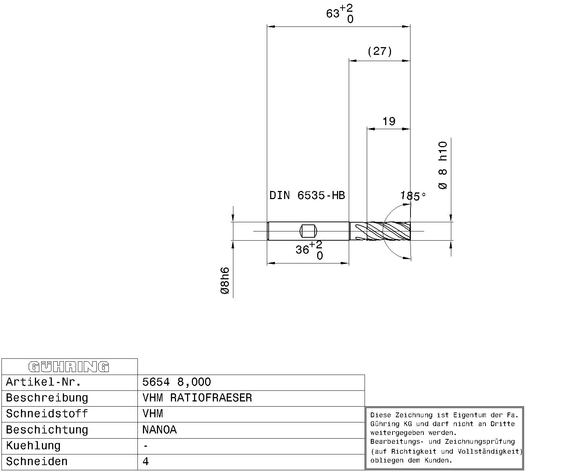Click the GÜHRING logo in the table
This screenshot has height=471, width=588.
point(69,367)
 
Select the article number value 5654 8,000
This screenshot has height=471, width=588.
point(176,382)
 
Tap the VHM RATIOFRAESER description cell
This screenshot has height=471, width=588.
point(197,398)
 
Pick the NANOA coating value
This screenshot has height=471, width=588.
point(159,430)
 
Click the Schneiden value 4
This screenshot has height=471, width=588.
point(146,461)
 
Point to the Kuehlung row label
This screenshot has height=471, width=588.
point(33,446)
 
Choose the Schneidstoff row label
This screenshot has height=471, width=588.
point(47,414)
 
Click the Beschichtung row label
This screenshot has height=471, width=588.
point(47,430)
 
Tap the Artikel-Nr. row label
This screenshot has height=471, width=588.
point(43,382)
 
